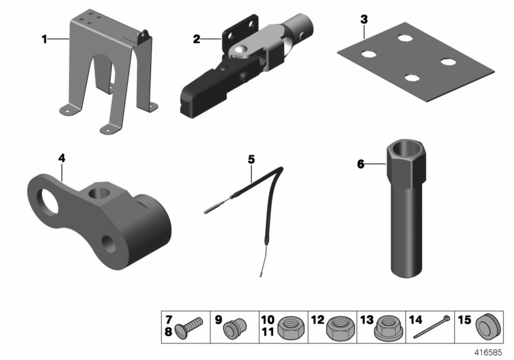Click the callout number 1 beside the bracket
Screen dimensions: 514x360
click(x=44, y=39)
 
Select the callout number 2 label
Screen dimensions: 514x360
click(x=197, y=39)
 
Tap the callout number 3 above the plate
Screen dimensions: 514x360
click(x=364, y=20)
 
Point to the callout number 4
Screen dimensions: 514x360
click(x=62, y=158)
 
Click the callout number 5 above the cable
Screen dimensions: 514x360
click(x=251, y=159)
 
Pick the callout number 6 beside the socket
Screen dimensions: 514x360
click(x=360, y=164)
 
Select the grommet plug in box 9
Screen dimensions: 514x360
click(x=235, y=328)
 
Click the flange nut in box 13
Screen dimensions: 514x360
click(x=388, y=329)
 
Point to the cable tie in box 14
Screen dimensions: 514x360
click(x=432, y=327)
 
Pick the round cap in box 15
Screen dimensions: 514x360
click(x=488, y=327)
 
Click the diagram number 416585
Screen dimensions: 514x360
click(x=488, y=352)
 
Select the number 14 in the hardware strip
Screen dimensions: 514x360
click(x=416, y=319)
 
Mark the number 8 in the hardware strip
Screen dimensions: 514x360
click(x=168, y=332)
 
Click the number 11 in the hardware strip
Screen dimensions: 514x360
click(x=267, y=332)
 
